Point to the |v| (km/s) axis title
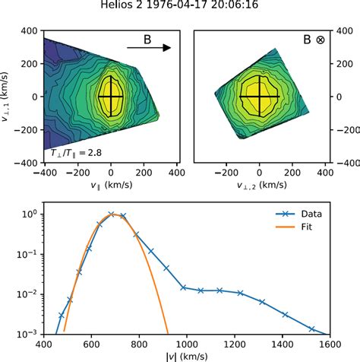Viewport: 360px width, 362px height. (187, 354)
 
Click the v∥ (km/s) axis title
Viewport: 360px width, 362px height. (110, 185)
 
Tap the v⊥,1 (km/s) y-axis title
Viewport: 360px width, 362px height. (7, 97)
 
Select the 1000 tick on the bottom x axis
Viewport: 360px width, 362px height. (187, 343)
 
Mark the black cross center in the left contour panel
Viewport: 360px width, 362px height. (111, 97)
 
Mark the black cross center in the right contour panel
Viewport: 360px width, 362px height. (260, 97)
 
